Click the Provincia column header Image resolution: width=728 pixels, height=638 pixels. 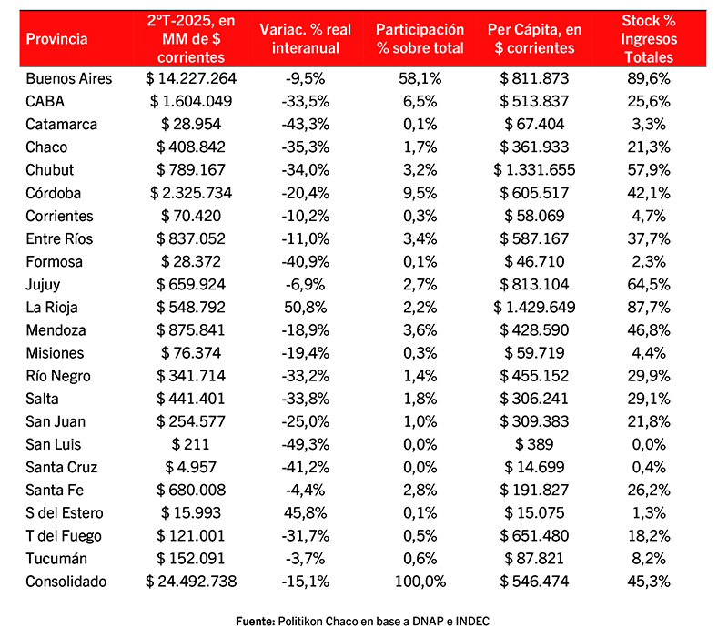pos(57,38)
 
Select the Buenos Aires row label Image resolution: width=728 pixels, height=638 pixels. pos(69,78)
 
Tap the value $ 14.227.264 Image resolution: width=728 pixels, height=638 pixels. pos(191,78)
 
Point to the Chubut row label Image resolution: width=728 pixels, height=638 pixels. pos(50,169)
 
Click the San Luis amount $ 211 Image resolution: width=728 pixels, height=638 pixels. pos(191,444)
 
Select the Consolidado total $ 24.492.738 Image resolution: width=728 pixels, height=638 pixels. pos(191,582)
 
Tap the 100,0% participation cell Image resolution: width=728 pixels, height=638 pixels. pos(420,582)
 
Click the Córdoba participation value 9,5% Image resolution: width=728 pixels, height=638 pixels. pos(420,192)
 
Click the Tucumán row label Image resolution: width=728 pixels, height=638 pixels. pos(56,559)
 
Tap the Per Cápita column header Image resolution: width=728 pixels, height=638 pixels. pos(535,38)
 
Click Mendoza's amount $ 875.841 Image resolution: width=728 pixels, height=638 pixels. pos(191,329)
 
